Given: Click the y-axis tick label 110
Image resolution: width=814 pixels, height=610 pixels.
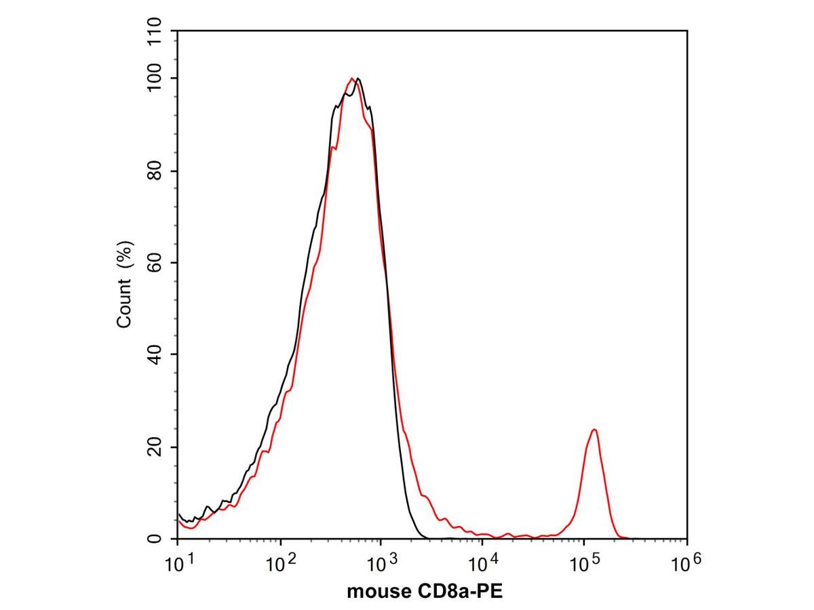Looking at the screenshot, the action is pos(155,31).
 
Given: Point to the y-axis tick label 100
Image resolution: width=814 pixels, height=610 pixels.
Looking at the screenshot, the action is pos(155,78).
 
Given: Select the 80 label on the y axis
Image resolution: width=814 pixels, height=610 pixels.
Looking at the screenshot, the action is pos(155,171).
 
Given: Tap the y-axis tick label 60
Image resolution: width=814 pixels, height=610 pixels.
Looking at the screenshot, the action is pos(155,262).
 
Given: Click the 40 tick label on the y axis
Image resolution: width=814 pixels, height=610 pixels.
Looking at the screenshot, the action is pos(155,354).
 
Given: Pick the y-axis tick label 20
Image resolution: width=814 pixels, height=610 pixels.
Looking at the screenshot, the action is pos(155,447).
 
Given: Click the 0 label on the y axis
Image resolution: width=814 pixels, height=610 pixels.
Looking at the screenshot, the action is pos(155,539).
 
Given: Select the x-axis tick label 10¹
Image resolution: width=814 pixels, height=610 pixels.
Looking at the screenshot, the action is pos(178,564).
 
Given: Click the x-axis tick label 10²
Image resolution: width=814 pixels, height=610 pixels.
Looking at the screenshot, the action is pos(281,564).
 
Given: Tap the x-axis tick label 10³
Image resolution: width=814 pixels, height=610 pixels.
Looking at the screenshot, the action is pos(382,564).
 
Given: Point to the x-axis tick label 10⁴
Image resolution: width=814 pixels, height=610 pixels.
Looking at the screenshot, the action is pos(484,564).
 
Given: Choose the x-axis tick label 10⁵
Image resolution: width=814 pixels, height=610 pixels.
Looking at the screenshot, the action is pos(585,564).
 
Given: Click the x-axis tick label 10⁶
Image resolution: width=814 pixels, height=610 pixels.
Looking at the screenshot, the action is pos(686,564).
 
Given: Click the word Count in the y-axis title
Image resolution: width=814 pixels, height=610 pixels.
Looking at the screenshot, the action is pos(124,304).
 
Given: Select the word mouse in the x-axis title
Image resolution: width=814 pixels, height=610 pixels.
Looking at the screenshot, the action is pos(379,592).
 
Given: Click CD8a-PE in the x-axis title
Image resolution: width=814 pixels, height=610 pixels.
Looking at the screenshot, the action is pos(459,592).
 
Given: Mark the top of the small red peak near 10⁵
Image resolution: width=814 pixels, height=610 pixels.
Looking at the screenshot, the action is pos(594,429).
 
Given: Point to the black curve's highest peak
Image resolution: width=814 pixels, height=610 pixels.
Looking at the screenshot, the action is pos(357,78).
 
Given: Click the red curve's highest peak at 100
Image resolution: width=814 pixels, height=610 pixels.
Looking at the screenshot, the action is pos(351,78).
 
